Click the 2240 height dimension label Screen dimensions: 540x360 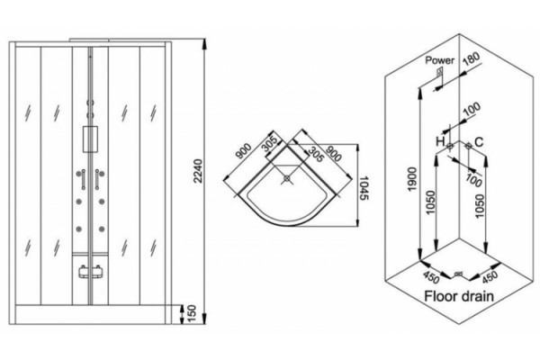pyautogui.click(x=198, y=170)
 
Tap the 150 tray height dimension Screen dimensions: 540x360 pyautogui.click(x=191, y=313)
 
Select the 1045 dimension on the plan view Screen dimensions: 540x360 pyautogui.click(x=364, y=188)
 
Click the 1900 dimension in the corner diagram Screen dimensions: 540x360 pyautogui.click(x=413, y=180)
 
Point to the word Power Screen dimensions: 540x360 pyautogui.click(x=440, y=60)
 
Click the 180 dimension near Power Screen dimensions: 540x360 pyautogui.click(x=472, y=58)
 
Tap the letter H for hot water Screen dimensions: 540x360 pyautogui.click(x=440, y=141)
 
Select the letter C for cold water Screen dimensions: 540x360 pyautogui.click(x=479, y=141)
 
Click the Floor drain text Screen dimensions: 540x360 pyautogui.click(x=459, y=296)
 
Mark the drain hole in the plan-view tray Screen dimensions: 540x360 pyautogui.click(x=287, y=178)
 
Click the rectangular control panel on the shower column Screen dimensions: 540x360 pyautogui.click(x=90, y=139)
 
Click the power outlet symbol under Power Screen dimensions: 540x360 pyautogui.click(x=439, y=72)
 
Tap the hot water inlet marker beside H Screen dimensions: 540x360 pyautogui.click(x=450, y=146)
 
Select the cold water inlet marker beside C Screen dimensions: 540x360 pyautogui.click(x=468, y=146)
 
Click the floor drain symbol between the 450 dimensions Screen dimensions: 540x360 pyautogui.click(x=458, y=274)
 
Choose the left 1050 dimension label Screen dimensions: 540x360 pyautogui.click(x=431, y=202)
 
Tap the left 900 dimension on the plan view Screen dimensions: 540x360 pyautogui.click(x=244, y=152)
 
